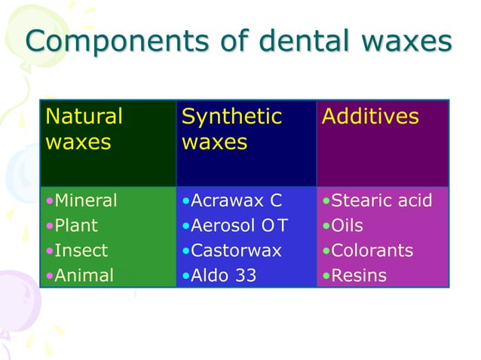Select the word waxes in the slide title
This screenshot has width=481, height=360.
399,41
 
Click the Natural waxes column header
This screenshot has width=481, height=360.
84,130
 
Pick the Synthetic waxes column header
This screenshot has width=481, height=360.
231,130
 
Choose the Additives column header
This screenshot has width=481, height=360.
369,117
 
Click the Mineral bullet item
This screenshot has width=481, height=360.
85,201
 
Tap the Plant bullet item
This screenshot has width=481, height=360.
76,226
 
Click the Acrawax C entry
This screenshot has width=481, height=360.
235,201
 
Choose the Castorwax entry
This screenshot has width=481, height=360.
236,251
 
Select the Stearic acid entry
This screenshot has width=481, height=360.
381,201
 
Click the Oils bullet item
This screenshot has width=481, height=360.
348,226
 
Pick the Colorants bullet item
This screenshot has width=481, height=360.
372,251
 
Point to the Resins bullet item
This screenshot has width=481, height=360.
358,276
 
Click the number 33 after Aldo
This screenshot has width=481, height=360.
244,276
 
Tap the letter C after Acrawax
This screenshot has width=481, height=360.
275,201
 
